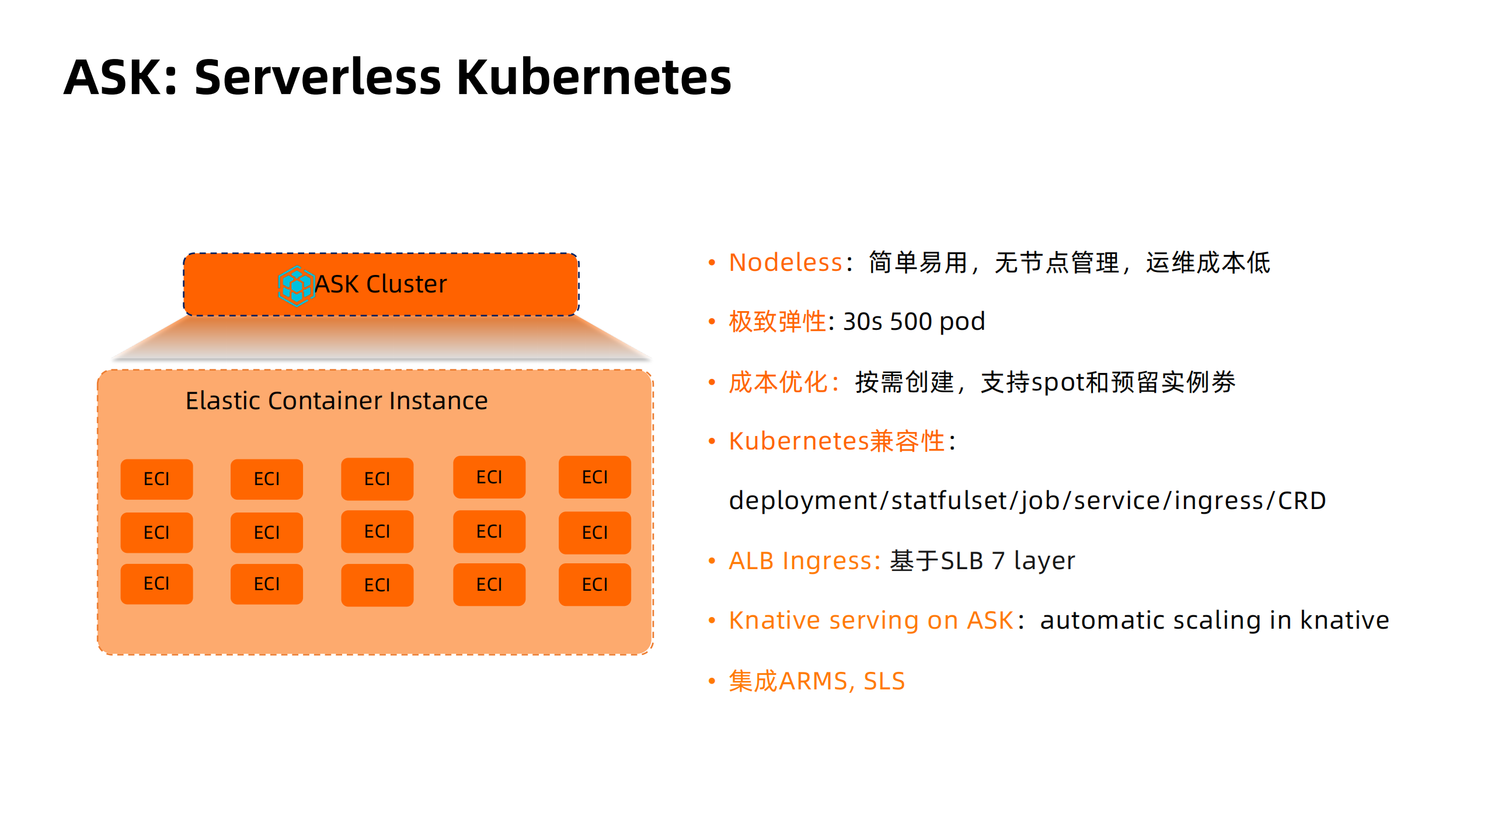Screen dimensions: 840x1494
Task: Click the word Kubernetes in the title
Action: coord(593,77)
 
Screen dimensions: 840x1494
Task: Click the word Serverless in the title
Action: coord(317,77)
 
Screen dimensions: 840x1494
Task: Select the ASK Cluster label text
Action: coord(381,284)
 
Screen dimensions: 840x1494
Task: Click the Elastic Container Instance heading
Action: coord(336,401)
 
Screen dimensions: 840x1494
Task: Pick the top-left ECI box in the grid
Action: coord(156,479)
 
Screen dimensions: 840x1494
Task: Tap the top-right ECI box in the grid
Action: coord(594,477)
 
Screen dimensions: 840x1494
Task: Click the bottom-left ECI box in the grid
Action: coord(156,584)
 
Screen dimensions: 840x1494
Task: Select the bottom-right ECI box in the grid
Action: coord(594,584)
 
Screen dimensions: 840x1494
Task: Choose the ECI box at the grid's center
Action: coord(377,532)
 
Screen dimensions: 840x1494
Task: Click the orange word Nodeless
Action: coord(785,263)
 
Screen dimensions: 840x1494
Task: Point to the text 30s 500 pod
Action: coord(914,322)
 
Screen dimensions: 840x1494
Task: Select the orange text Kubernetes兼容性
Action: coord(836,441)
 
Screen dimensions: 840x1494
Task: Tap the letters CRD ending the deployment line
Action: coord(1301,501)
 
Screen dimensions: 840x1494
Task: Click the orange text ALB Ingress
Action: coord(804,561)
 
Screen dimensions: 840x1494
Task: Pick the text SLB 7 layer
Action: coord(1007,561)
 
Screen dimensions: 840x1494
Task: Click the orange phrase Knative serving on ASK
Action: coord(871,621)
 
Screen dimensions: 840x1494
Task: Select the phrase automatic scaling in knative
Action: coord(1214,621)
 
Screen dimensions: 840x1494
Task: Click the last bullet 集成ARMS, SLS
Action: coord(816,681)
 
